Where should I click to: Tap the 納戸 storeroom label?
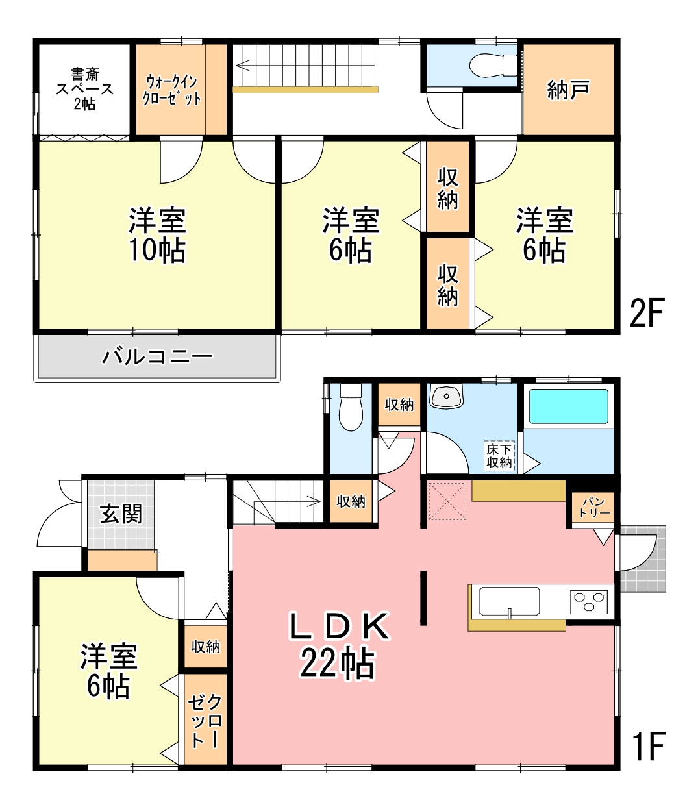coord(567,90)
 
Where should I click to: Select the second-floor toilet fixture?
coord(493,64)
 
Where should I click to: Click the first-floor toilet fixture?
coord(351,406)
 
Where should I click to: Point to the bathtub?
coord(568,406)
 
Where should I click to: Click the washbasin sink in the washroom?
coord(446,395)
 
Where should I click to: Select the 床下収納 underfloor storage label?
coord(499,456)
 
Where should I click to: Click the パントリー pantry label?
coord(594,508)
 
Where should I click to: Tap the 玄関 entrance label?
coord(121,514)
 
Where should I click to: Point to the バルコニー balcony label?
coord(157,357)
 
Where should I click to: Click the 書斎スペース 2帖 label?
coord(84,89)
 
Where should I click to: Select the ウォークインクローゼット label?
coord(172,90)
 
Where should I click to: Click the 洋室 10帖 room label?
coord(157,235)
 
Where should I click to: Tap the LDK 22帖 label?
coord(338,645)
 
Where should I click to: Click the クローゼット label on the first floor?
coord(205,721)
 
